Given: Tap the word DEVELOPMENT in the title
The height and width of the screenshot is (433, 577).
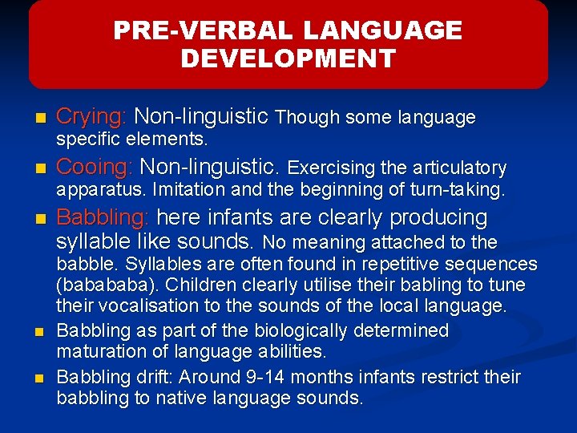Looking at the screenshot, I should (x=288, y=59).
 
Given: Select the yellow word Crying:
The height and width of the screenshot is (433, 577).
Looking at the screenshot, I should (x=91, y=117).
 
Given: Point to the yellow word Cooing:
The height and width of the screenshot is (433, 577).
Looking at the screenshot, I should (x=95, y=167).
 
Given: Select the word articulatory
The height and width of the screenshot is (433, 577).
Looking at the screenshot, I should (x=459, y=168).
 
